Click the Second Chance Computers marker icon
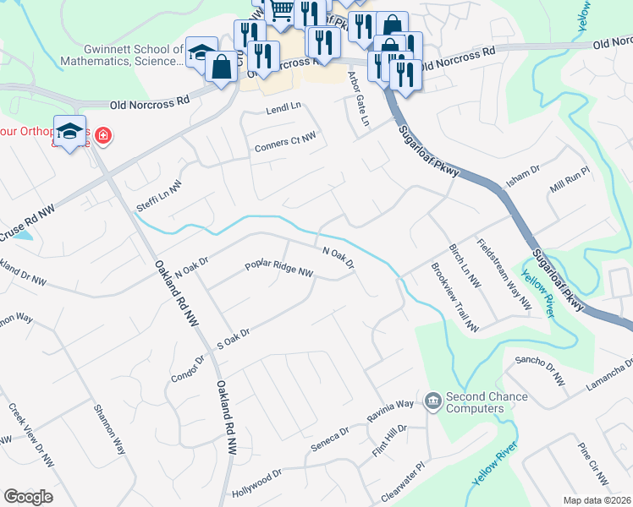point(433,399)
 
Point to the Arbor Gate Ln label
point(360,99)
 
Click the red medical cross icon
point(102,134)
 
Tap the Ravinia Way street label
point(390,412)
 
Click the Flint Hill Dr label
point(390,442)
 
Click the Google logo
point(28,497)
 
